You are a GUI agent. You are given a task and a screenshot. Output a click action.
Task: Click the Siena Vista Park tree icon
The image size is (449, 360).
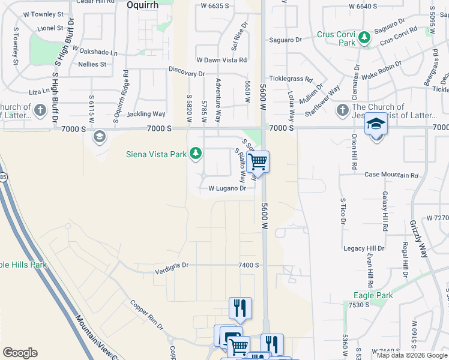[x=195, y=154]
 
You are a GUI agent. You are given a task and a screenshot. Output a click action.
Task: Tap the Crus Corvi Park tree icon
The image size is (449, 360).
[x=364, y=38]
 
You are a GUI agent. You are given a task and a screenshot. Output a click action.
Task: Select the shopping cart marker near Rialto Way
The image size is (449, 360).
[x=258, y=161]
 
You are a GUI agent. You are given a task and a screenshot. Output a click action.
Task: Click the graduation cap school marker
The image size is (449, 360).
[x=376, y=124]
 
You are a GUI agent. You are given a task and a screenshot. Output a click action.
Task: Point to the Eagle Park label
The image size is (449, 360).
[x=373, y=296]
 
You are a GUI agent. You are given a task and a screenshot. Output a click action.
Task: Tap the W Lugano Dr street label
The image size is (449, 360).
[x=227, y=188]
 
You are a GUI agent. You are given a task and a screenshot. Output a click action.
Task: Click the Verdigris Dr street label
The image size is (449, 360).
[x=171, y=265]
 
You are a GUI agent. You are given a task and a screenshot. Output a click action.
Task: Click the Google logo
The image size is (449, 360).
[x=20, y=353]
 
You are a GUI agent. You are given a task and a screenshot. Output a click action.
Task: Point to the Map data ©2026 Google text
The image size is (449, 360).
[x=411, y=356]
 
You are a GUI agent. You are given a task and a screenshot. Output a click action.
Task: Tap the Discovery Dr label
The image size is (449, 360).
[x=186, y=73]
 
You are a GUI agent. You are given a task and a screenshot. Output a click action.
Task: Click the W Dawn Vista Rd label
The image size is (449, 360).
[x=221, y=60]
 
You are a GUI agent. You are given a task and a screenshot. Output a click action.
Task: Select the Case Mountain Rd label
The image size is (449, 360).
[x=391, y=175]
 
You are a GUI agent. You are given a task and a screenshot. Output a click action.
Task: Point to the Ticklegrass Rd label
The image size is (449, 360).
[x=291, y=79]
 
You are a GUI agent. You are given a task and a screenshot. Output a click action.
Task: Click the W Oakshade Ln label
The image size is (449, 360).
[x=92, y=53]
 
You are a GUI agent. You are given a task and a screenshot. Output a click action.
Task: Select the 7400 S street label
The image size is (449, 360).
[x=248, y=265]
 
